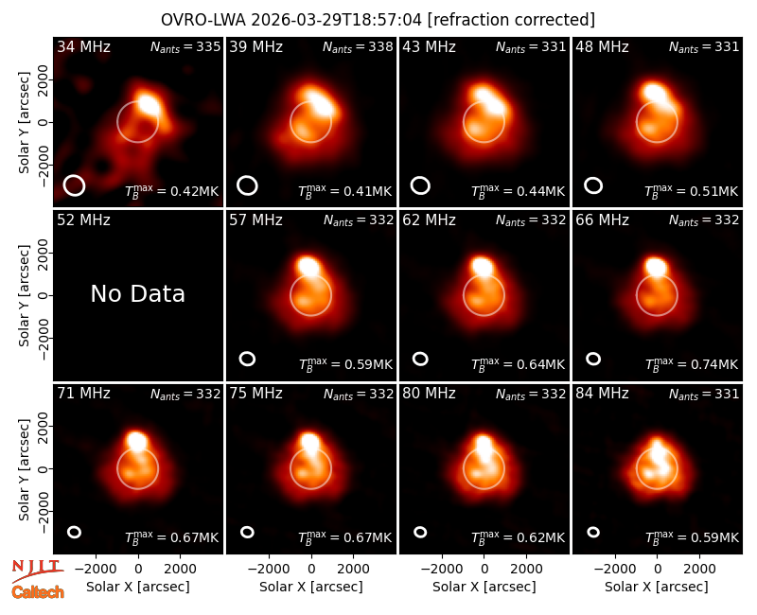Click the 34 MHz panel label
pyautogui.click(x=83, y=46)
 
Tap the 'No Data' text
pyautogui.click(x=137, y=293)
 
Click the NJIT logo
pyautogui.click(x=37, y=571)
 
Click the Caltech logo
pyautogui.click(x=38, y=592)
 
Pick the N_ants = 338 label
pyautogui.click(x=358, y=46)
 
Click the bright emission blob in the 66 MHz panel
pyautogui.click(x=656, y=267)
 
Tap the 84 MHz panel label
pyautogui.click(x=602, y=394)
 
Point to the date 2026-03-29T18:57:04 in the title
pyautogui.click(x=336, y=20)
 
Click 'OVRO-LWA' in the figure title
pyautogui.click(x=203, y=20)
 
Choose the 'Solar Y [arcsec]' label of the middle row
pyautogui.click(x=24, y=295)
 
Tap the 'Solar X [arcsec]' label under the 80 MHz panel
pyautogui.click(x=484, y=587)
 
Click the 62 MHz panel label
pyautogui.click(x=429, y=220)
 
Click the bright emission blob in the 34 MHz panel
pyautogui.click(x=148, y=104)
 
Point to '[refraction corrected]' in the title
pyautogui.click(x=511, y=20)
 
